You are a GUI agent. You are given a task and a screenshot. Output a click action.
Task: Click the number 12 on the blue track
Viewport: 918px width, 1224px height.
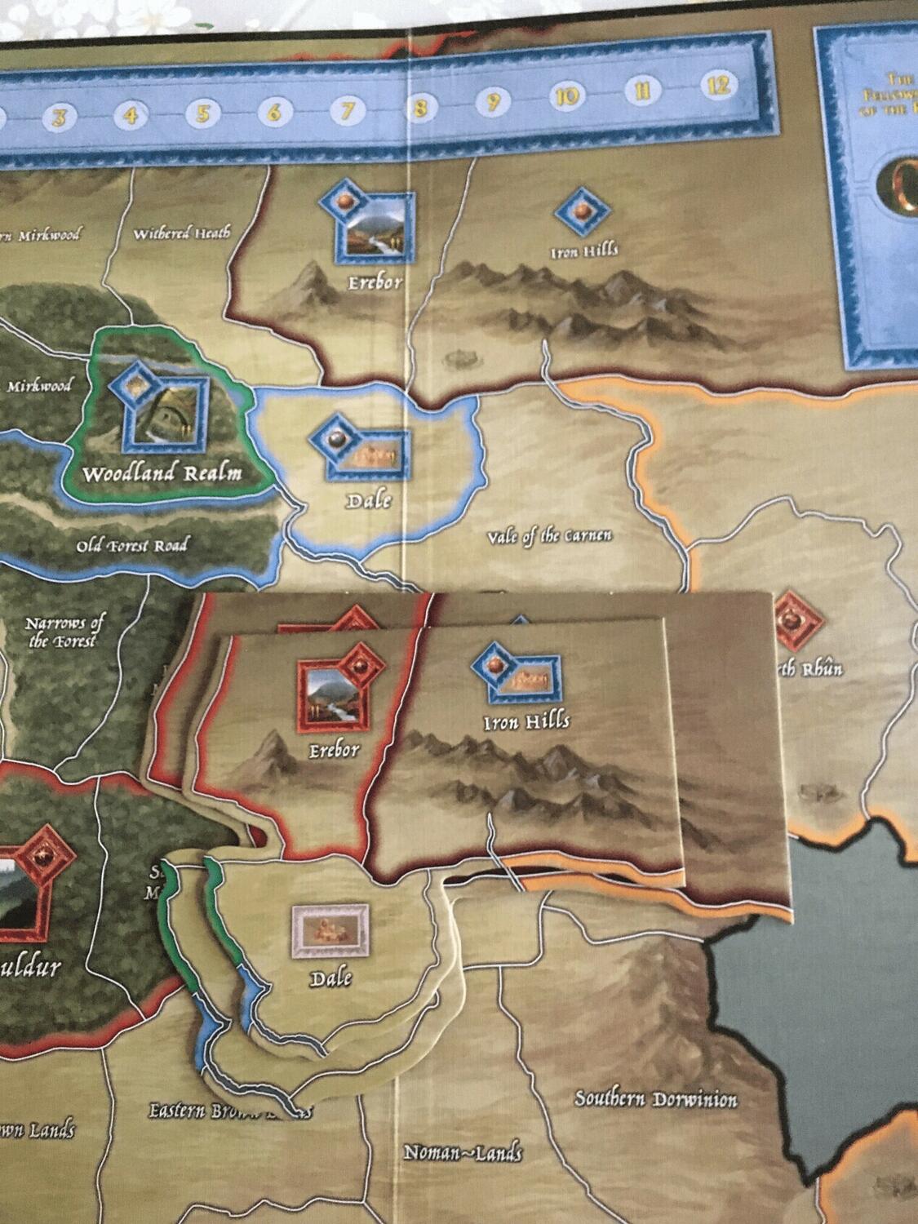(x=718, y=85)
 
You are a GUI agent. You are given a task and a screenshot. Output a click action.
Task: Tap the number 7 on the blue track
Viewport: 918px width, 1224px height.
(x=347, y=109)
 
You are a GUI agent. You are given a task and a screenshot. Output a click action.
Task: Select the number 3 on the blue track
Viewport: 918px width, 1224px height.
(x=59, y=117)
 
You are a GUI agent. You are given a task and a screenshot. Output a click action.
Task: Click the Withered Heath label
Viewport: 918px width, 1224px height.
(x=181, y=234)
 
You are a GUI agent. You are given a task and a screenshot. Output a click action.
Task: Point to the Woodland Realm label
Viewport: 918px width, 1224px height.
(x=163, y=474)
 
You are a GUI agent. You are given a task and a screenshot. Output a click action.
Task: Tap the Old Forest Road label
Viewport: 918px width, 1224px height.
(x=132, y=545)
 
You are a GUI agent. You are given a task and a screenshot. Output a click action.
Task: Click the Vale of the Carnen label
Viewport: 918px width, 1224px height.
(x=549, y=536)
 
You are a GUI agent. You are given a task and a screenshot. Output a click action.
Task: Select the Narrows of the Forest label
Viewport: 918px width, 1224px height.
(x=64, y=632)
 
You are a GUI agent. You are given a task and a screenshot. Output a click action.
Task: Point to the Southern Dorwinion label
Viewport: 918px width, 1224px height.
(x=656, y=1099)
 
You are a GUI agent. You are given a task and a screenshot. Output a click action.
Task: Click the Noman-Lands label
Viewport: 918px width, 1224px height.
(x=463, y=1152)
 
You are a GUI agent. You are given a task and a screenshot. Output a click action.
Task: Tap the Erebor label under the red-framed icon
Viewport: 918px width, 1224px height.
(x=333, y=750)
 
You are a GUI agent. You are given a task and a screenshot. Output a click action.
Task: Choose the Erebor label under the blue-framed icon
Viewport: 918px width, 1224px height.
(x=376, y=282)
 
